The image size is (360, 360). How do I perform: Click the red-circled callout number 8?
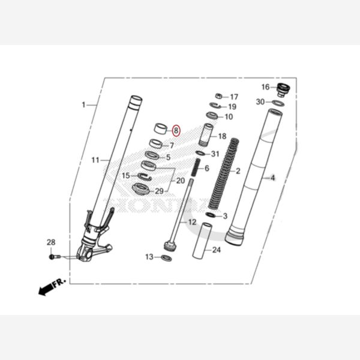[176, 130]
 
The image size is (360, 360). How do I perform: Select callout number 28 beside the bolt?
[51, 242]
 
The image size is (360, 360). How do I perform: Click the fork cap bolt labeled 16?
[283, 90]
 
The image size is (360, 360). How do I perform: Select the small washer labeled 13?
[167, 258]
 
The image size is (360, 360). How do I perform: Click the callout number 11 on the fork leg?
[95, 160]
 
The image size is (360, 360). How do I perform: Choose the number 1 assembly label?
[83, 105]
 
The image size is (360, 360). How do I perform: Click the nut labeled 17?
[220, 96]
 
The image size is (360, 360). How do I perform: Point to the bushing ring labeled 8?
[160, 128]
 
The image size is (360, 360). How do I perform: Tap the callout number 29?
[159, 191]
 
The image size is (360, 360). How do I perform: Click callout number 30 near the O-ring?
[260, 102]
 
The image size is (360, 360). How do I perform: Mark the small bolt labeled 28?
[54, 256]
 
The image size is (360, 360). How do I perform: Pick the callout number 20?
[181, 180]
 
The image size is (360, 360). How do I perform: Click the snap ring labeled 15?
[143, 176]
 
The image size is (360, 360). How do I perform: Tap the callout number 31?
[215, 154]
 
